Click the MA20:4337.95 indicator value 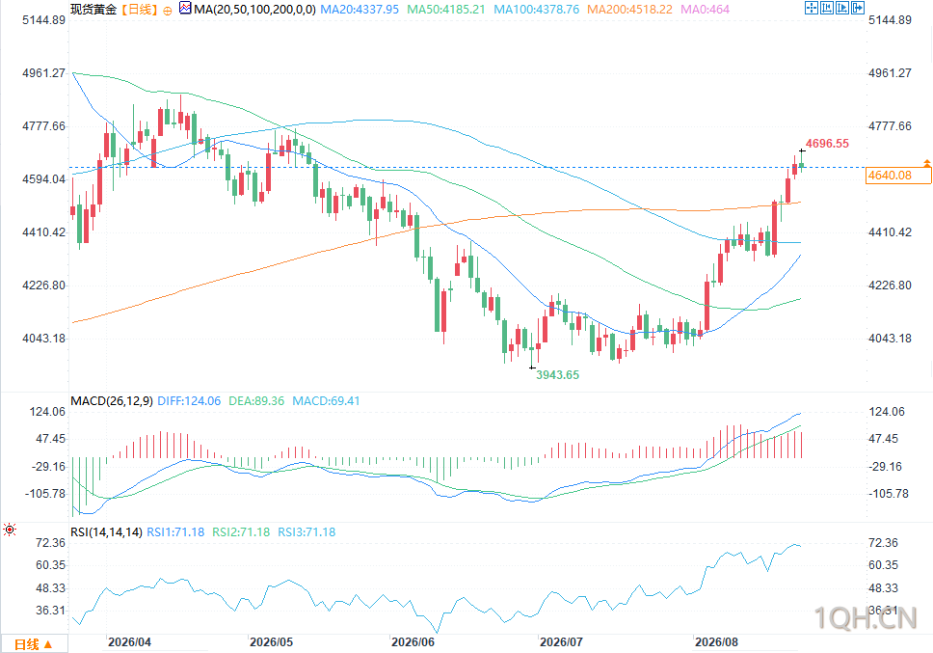click(360, 10)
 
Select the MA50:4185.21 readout click(445, 10)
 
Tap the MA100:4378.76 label click(536, 10)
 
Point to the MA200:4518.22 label click(629, 10)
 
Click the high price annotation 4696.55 click(827, 144)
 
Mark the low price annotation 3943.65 click(557, 375)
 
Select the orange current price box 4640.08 click(898, 175)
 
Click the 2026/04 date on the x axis click(129, 642)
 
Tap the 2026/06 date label click(413, 642)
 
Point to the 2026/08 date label click(716, 642)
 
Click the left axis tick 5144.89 click(43, 20)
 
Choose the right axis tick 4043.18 click(890, 339)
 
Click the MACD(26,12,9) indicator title click(111, 401)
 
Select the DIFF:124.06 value click(189, 401)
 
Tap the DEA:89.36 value click(256, 401)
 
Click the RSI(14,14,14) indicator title click(106, 532)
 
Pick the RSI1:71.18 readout click(175, 532)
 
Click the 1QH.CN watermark click(866, 618)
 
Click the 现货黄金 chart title click(93, 10)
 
